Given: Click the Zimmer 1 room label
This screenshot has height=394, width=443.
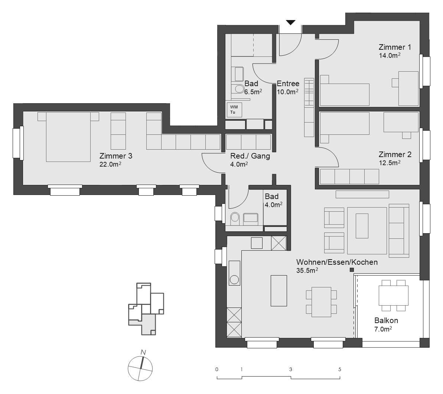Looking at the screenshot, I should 395,47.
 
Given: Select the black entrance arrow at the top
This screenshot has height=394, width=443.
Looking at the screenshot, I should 291,22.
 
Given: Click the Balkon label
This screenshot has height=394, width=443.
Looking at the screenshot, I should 386,320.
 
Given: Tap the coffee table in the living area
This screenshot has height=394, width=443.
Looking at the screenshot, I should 362,226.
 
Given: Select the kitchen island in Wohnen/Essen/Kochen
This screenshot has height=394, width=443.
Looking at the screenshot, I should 278,290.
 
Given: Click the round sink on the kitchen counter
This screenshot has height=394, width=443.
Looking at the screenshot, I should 234,280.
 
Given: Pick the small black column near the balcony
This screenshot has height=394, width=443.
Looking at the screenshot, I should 351,271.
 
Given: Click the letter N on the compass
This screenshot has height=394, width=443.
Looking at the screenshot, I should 143,352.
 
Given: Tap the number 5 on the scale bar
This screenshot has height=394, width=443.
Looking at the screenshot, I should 340,369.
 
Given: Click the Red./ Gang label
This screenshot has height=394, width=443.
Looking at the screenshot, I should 250,156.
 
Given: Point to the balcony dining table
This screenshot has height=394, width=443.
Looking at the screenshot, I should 393,296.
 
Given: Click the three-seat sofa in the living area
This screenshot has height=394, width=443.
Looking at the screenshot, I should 399,230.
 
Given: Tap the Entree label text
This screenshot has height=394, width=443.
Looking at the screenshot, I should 288,84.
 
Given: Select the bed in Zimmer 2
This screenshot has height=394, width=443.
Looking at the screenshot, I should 345,124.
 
